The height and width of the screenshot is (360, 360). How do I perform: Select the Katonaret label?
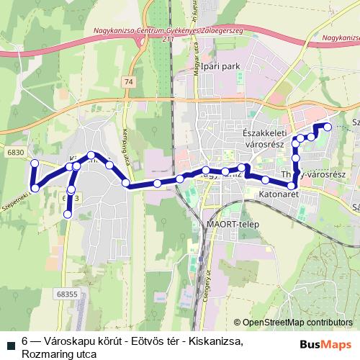279,194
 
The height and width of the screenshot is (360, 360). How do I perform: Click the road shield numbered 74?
128,82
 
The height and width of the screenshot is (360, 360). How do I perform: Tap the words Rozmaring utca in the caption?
54,354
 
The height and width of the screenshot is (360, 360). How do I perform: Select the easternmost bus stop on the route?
328,127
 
